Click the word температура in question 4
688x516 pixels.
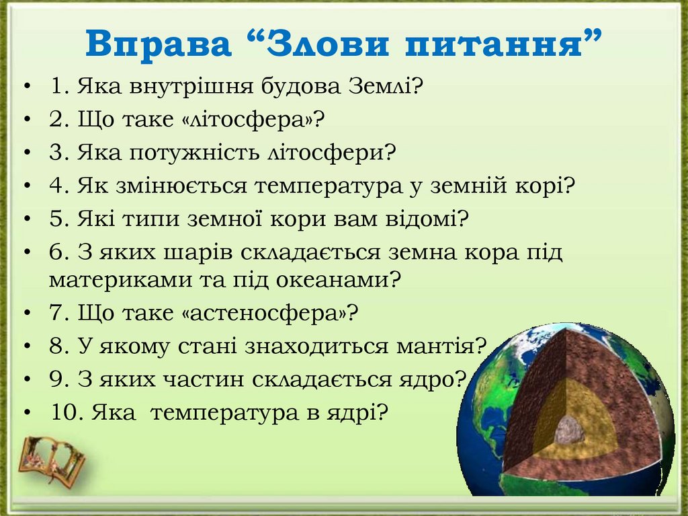(x=327, y=186)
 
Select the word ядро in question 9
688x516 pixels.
(x=435, y=379)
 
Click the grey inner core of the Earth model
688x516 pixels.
(x=568, y=430)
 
